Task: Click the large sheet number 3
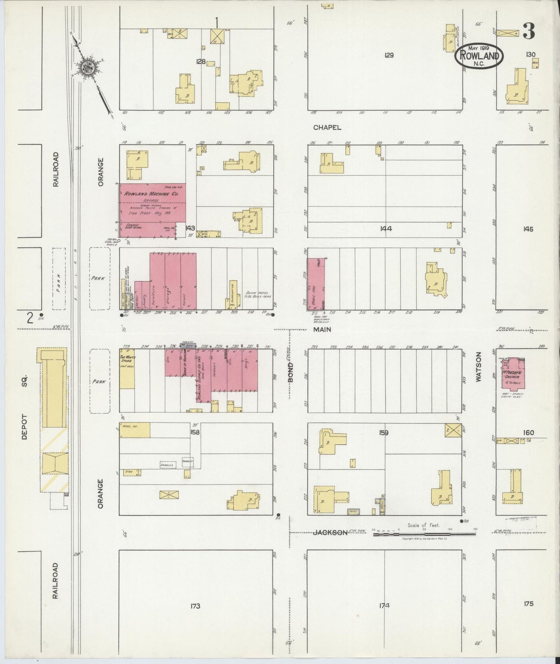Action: [529, 31]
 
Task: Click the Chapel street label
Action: [327, 127]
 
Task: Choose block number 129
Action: [389, 55]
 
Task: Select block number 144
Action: [386, 229]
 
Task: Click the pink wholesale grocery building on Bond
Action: [316, 284]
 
